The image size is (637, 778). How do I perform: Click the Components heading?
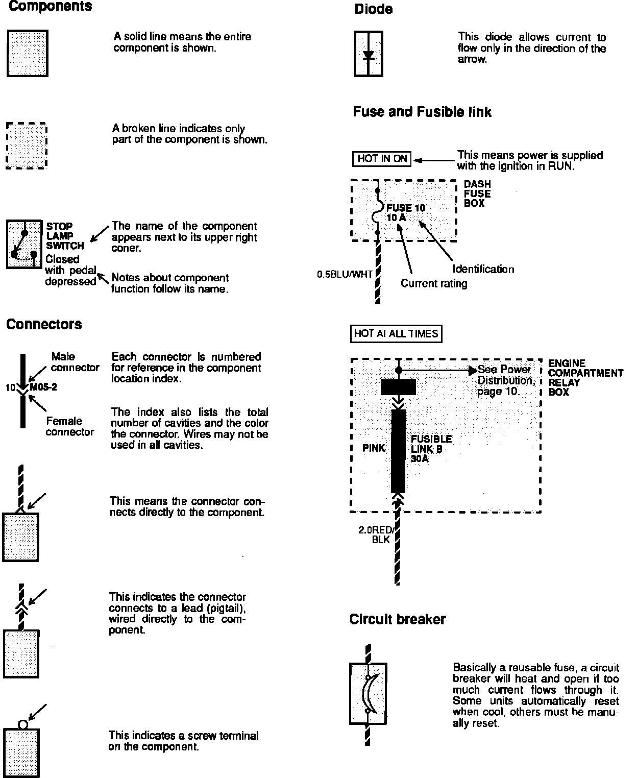(50, 7)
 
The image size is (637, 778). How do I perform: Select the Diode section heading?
(373, 9)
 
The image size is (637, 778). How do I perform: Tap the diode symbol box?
(369, 54)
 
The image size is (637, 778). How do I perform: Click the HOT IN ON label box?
(382, 159)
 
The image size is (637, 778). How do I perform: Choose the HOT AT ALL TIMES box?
(396, 334)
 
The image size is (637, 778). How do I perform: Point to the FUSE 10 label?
(405, 208)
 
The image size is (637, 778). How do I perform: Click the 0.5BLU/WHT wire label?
(345, 275)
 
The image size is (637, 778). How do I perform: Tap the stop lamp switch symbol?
(23, 244)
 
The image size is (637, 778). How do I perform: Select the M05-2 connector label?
(43, 387)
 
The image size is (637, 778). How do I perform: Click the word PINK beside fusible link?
(374, 448)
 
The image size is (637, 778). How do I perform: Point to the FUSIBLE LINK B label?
(431, 444)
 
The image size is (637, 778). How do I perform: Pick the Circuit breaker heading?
(397, 619)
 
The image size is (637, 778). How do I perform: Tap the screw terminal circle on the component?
(23, 724)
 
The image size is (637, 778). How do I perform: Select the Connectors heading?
(44, 324)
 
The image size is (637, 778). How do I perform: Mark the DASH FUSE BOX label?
(477, 193)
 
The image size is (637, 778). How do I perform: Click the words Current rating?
(433, 283)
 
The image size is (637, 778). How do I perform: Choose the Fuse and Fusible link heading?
(422, 112)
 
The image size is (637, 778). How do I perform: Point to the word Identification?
(483, 269)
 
